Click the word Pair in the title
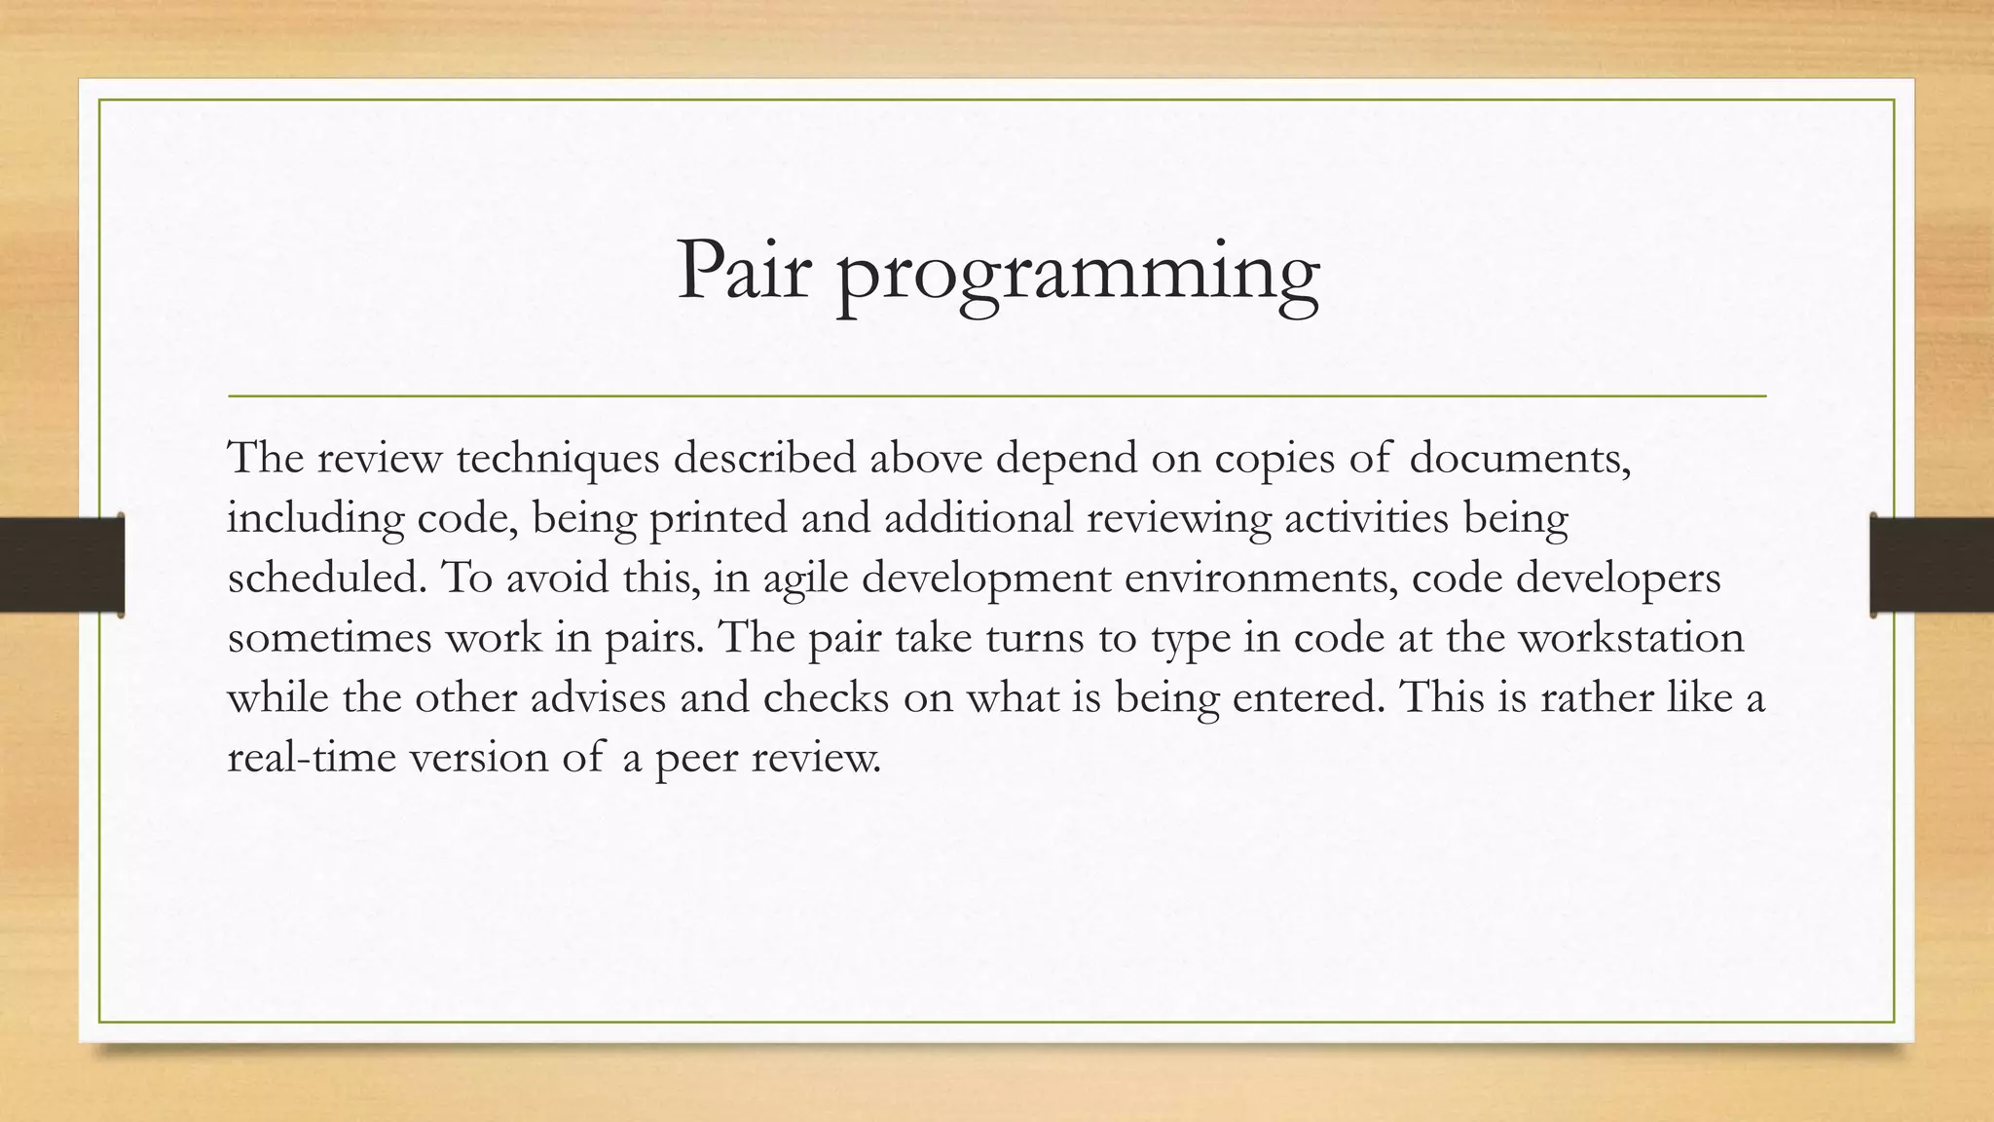pos(744,271)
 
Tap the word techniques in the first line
pos(558,458)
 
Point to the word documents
pos(1519,458)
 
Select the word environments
pos(1260,578)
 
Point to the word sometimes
pos(329,638)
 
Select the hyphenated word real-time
pos(311,758)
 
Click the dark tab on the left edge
pos(61,565)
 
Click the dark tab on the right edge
pos(1932,565)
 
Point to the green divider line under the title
pos(997,396)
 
